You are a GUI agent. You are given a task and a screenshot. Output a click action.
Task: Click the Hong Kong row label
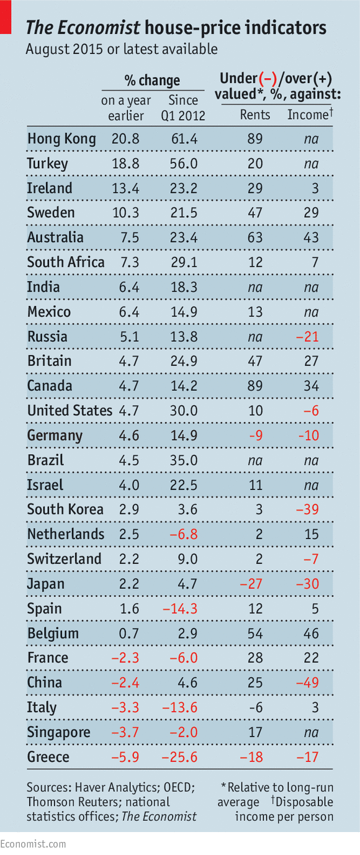coord(61,139)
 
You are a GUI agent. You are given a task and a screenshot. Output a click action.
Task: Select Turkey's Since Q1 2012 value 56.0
coord(184,164)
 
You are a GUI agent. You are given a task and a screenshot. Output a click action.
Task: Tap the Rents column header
coord(254,115)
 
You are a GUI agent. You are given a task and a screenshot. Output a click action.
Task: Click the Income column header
coord(309,115)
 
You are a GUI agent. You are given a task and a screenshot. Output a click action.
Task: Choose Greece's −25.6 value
coord(180,757)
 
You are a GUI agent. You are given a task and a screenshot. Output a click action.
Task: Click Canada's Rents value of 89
coord(254,386)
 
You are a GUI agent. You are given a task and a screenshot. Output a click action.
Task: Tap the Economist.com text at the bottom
coord(33,844)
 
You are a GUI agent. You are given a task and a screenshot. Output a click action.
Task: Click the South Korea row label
coord(65,509)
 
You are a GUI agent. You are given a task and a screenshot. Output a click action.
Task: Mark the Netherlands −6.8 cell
coord(184,534)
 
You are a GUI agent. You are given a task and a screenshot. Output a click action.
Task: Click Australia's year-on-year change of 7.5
coord(125,238)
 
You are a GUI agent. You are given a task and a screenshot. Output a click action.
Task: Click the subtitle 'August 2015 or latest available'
coord(121,49)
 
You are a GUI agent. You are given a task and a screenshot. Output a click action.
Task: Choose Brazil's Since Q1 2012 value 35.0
coord(184,460)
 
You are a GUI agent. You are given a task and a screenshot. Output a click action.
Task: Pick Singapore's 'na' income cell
coord(311,732)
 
